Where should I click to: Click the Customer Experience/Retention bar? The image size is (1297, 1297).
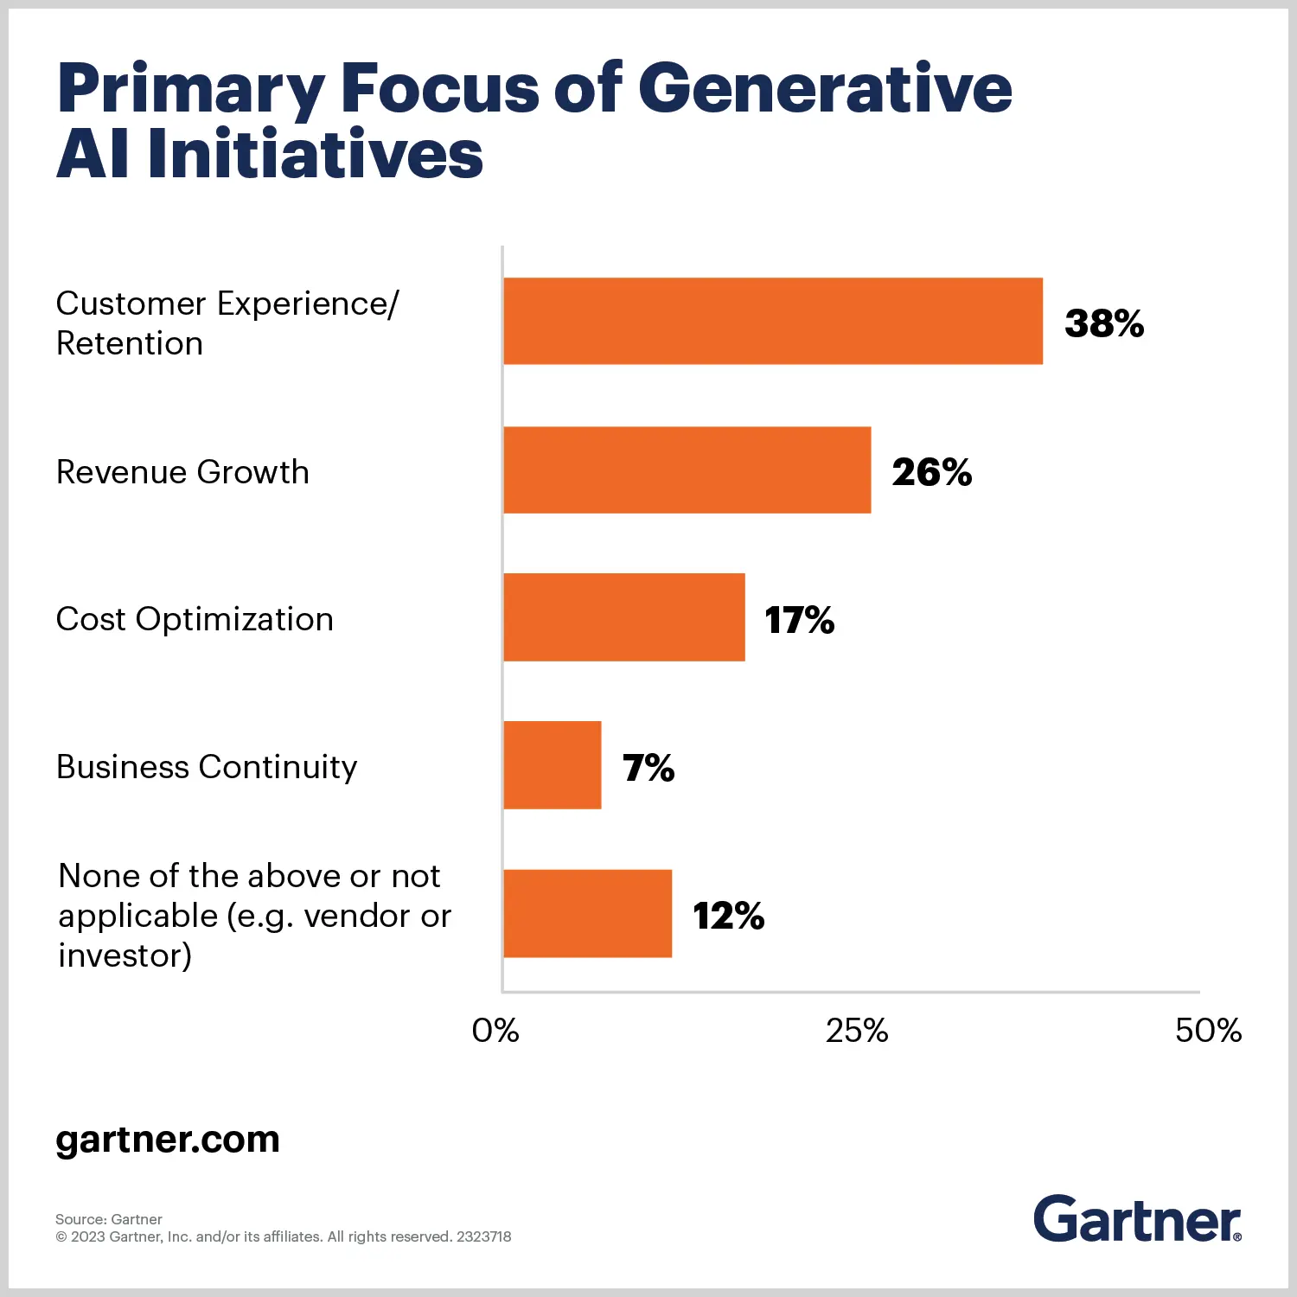click(x=772, y=321)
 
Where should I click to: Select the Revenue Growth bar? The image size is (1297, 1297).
click(x=687, y=470)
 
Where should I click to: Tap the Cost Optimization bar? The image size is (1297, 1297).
click(x=623, y=617)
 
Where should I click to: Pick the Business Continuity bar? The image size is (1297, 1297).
click(x=552, y=765)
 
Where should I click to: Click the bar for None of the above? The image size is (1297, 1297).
click(x=587, y=913)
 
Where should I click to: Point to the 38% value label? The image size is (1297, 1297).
click(x=1103, y=323)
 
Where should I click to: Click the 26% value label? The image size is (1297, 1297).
click(x=931, y=472)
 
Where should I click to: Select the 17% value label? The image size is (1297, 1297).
click(x=799, y=620)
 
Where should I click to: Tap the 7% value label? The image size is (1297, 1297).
click(x=648, y=768)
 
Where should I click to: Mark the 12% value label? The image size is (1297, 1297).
click(x=728, y=916)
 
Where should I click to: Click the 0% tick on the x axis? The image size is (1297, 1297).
click(x=495, y=1030)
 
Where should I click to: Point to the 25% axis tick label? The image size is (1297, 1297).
click(x=856, y=1030)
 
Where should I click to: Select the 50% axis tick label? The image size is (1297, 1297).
click(x=1207, y=1030)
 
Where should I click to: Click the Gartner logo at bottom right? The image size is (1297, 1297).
click(x=1136, y=1219)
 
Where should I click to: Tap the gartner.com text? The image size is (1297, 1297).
click(x=168, y=1139)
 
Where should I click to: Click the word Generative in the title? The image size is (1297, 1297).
click(x=825, y=88)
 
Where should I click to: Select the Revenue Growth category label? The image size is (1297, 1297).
click(x=182, y=472)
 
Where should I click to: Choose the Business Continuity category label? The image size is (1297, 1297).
click(x=207, y=767)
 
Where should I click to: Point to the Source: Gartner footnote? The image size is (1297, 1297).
click(x=109, y=1219)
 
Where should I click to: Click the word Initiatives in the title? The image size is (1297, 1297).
click(x=316, y=155)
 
